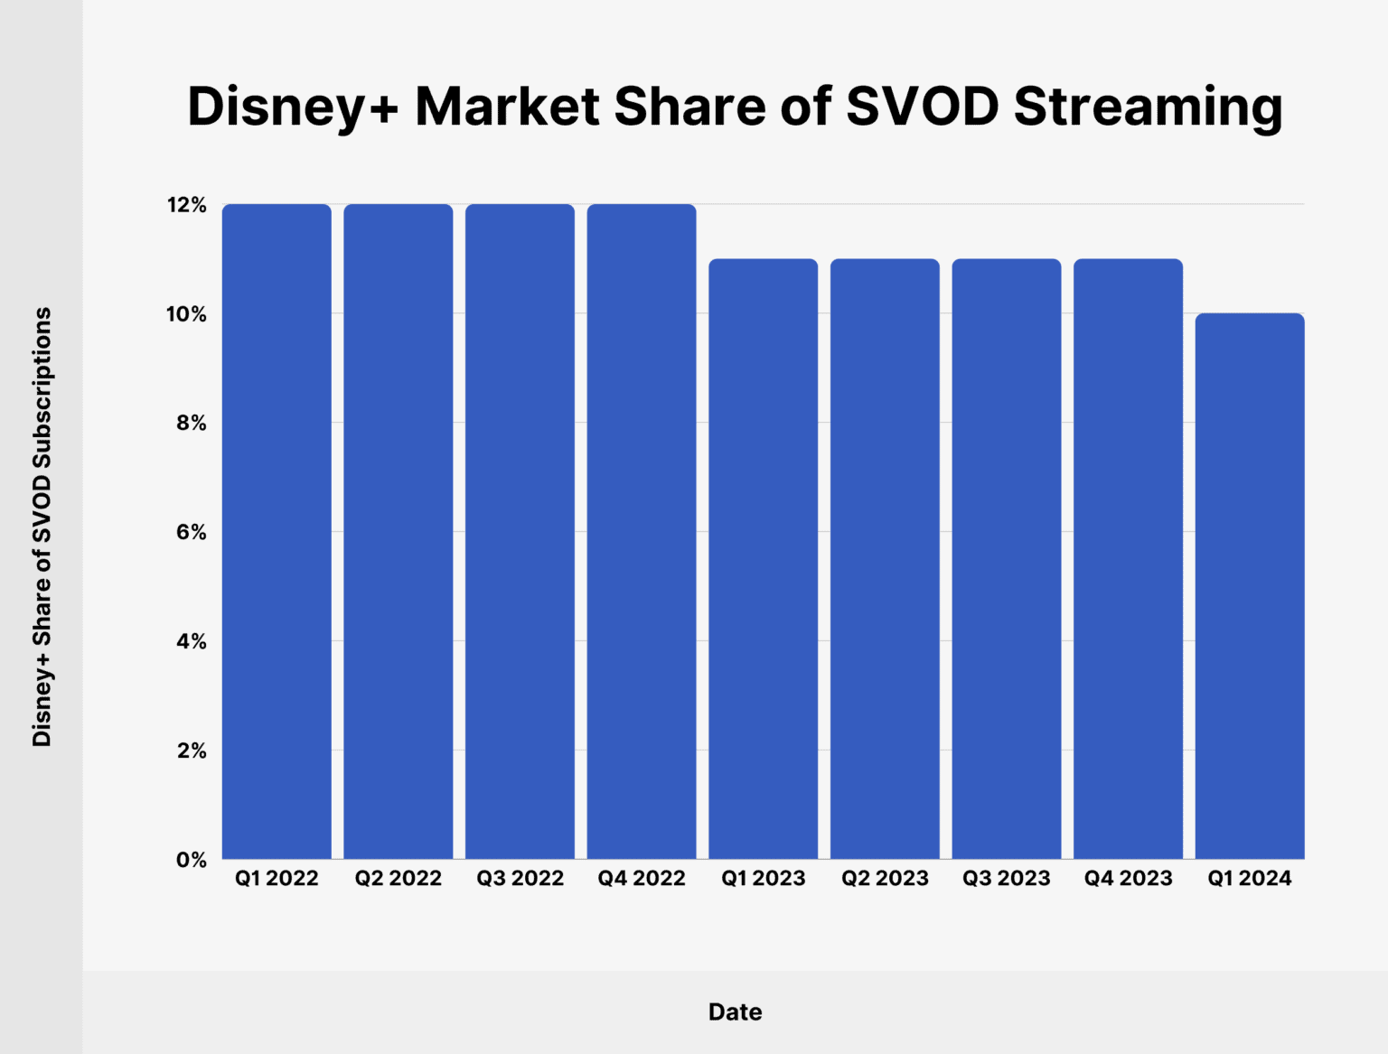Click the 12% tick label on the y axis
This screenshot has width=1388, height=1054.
187,206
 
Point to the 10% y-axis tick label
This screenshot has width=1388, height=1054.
187,315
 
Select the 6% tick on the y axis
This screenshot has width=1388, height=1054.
192,533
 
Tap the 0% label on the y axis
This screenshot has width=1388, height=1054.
192,860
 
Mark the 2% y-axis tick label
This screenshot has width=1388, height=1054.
192,751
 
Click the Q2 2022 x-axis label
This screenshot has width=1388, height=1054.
398,878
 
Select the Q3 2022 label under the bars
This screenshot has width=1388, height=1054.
520,878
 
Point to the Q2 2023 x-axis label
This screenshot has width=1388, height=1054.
885,878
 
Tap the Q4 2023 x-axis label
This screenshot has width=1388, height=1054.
1128,878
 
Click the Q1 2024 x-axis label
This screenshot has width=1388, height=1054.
1249,878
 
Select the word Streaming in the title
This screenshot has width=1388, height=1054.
1148,107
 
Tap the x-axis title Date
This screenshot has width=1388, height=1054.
735,1012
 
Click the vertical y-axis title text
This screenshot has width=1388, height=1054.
42,527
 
